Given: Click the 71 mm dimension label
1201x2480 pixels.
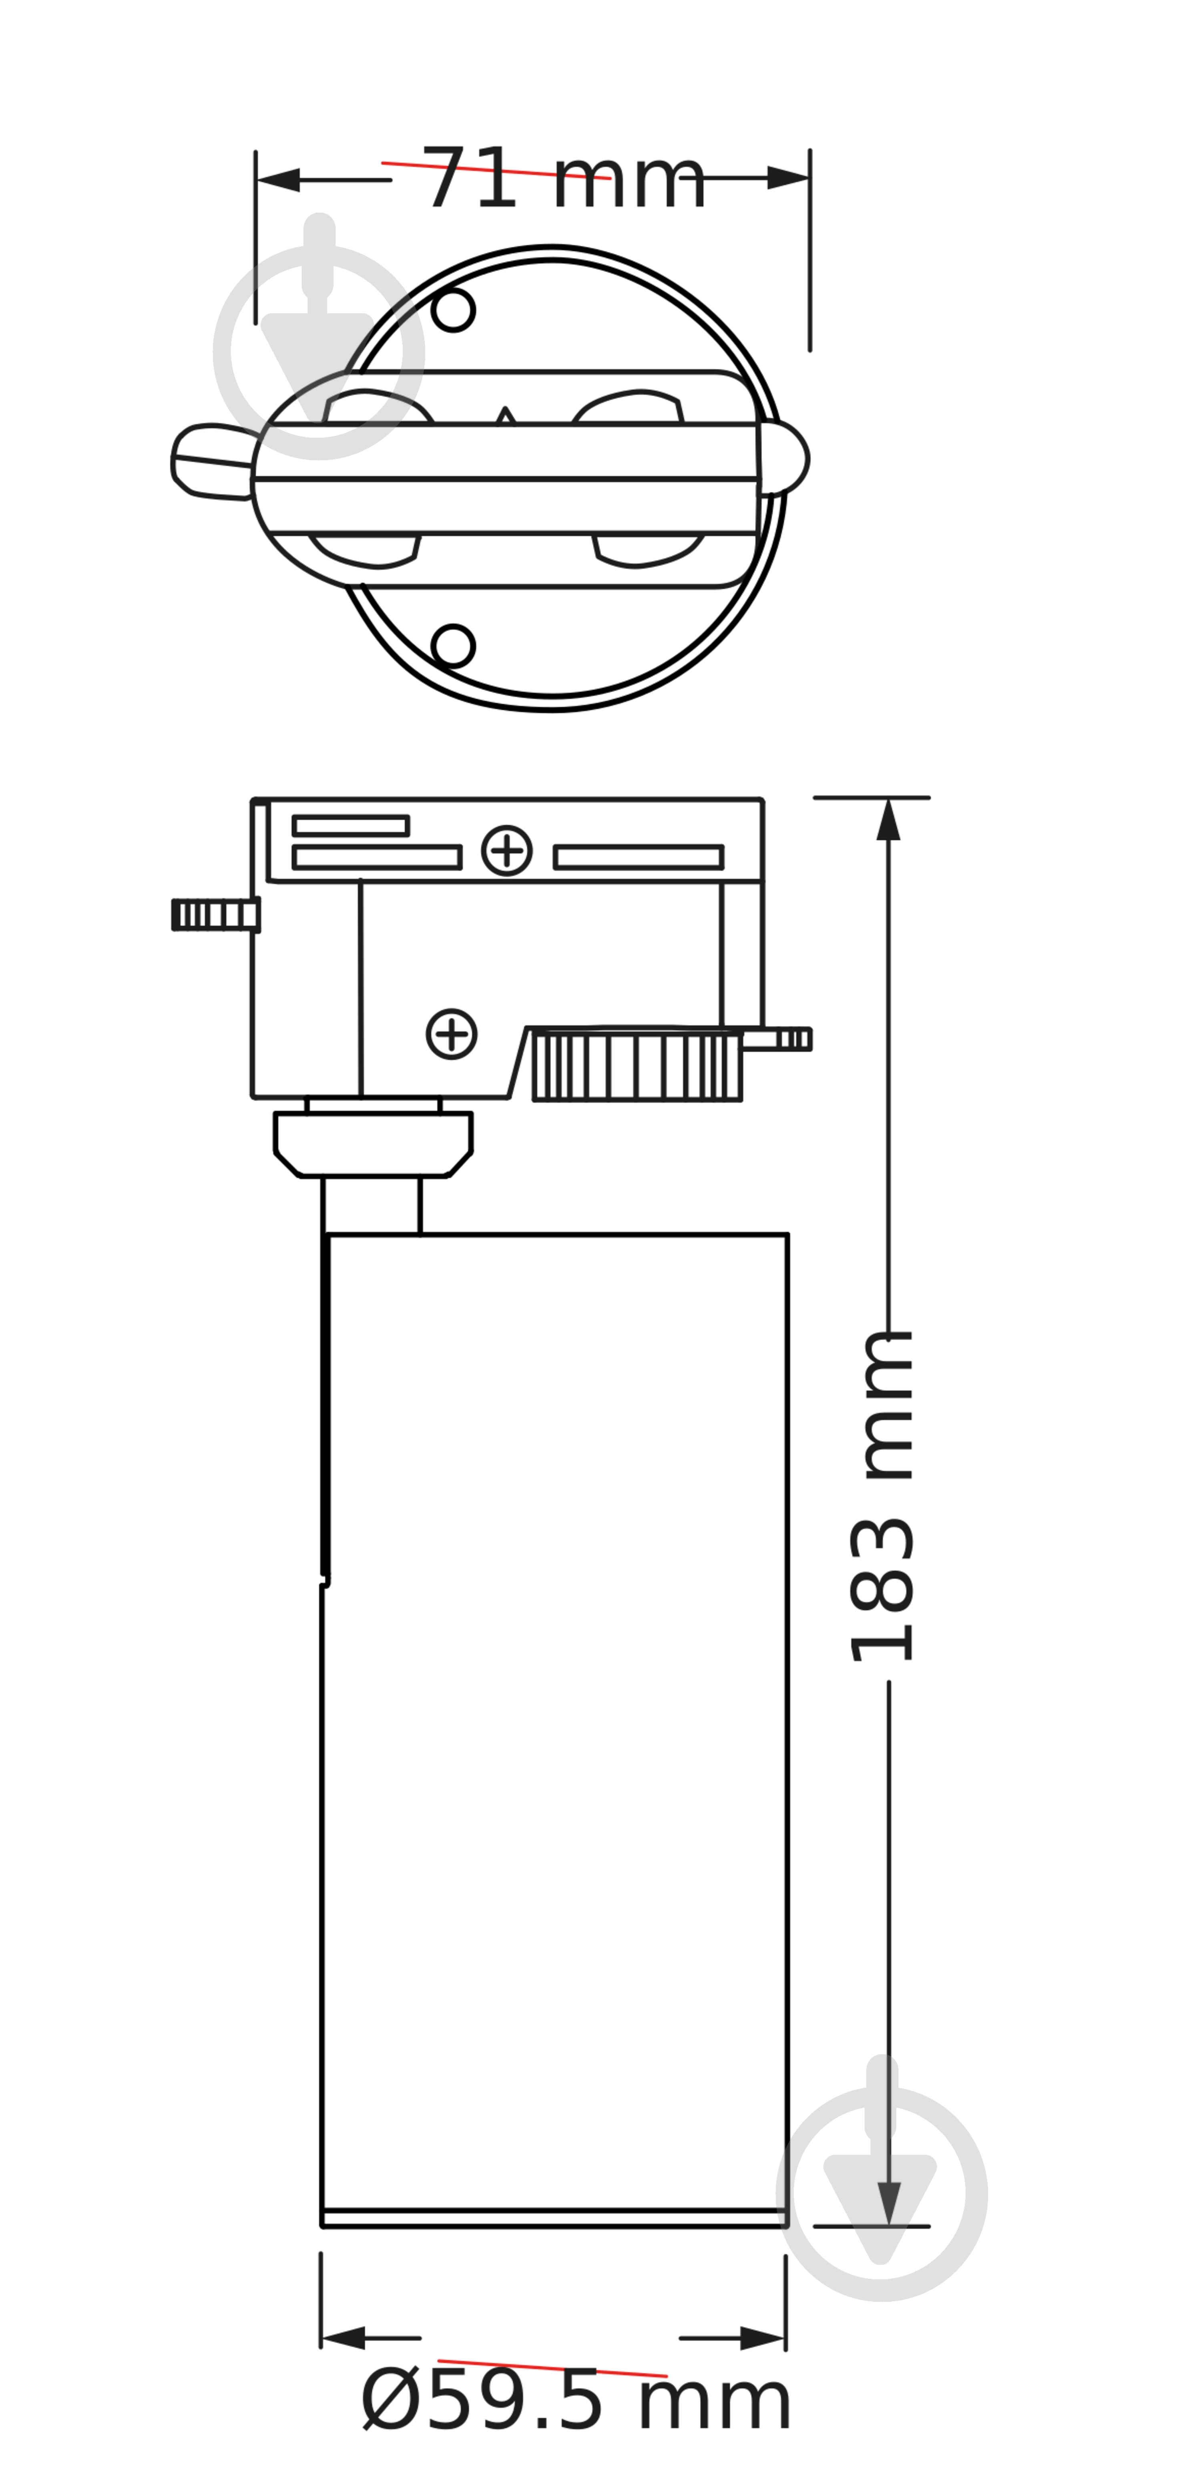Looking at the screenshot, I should coord(564,180).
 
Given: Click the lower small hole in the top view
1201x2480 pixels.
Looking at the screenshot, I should coord(453,645).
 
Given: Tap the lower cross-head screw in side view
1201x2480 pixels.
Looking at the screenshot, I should coord(451,1034).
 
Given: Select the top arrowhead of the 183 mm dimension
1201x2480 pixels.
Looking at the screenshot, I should coord(888,820).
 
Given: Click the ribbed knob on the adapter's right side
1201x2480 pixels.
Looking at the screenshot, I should coord(637,1066).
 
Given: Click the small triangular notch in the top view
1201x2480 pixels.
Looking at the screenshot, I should coord(505,416).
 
